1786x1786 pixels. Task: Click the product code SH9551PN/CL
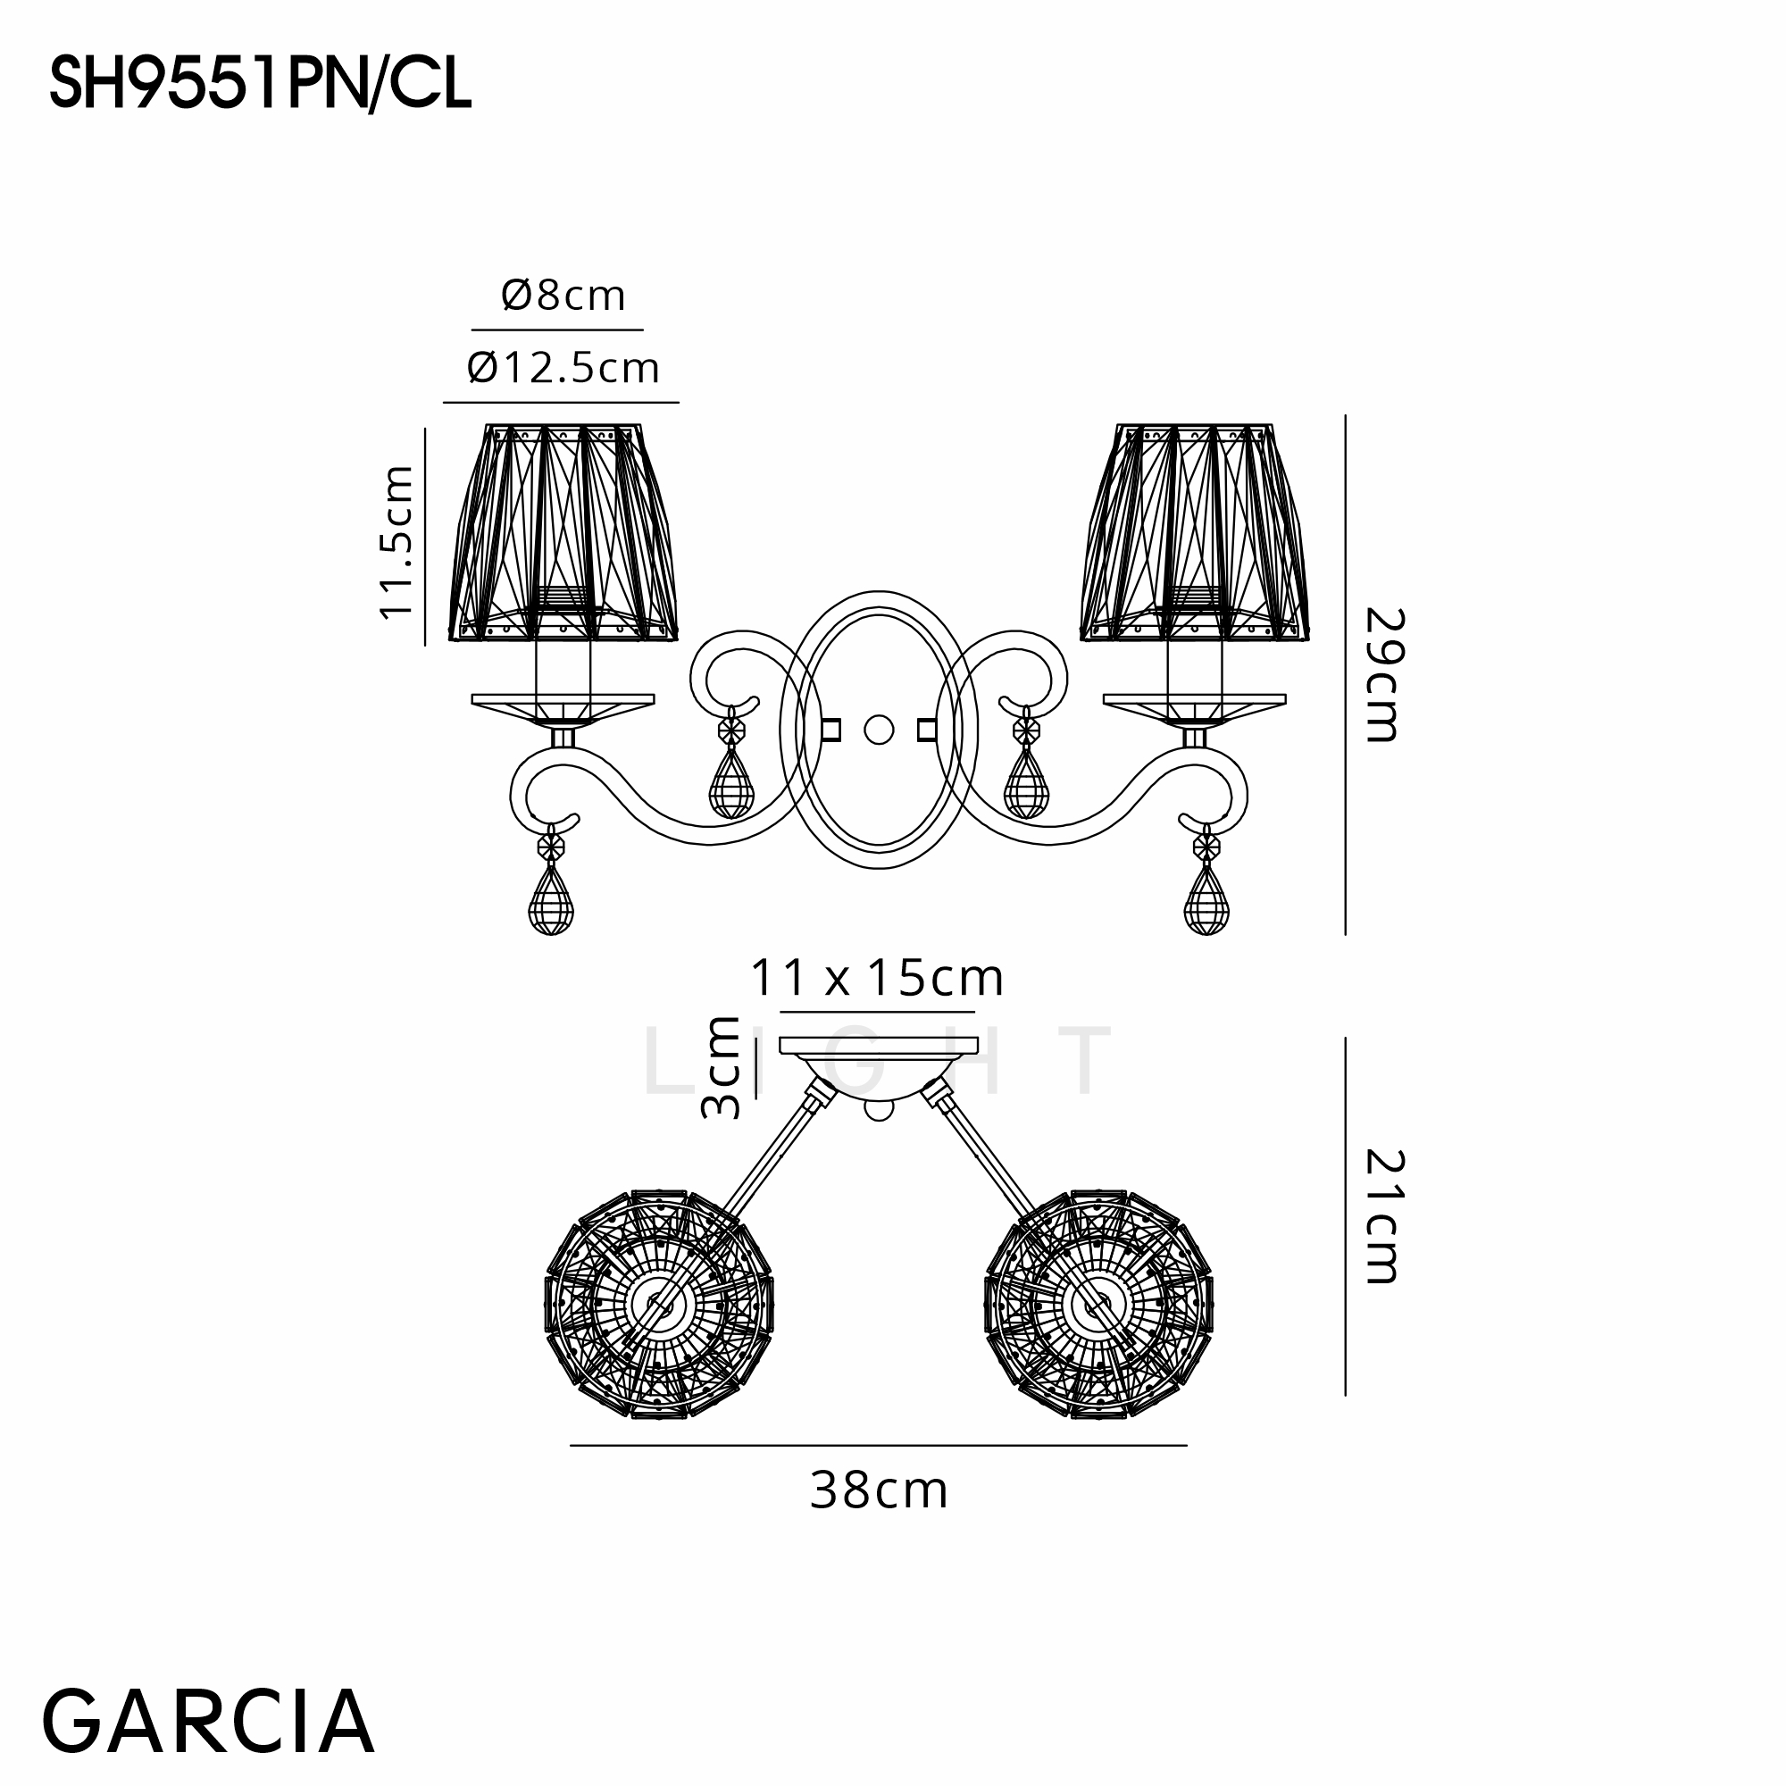[x=261, y=83]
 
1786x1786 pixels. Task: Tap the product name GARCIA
[x=208, y=1721]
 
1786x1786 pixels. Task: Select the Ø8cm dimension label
[x=563, y=296]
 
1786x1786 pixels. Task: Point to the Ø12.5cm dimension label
[x=563, y=368]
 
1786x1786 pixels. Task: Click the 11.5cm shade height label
[x=396, y=542]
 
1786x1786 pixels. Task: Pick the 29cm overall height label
[x=1384, y=675]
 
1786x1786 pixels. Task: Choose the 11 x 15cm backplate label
[x=876, y=978]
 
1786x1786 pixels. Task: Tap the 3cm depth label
[x=722, y=1068]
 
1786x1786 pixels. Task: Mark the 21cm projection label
[x=1384, y=1216]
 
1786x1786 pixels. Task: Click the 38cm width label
[x=879, y=1491]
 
